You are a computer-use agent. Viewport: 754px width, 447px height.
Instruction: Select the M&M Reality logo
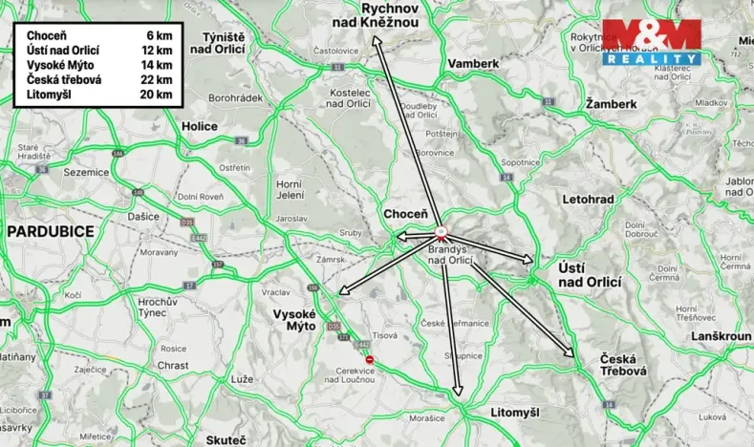pos(651,42)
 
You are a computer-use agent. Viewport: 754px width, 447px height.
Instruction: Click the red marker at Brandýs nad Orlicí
pos(441,231)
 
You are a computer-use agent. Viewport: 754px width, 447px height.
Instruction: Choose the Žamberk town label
pos(611,103)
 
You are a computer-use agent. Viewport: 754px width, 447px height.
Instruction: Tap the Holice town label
pos(200,125)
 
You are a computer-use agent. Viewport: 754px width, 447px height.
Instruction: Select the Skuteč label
pos(226,439)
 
